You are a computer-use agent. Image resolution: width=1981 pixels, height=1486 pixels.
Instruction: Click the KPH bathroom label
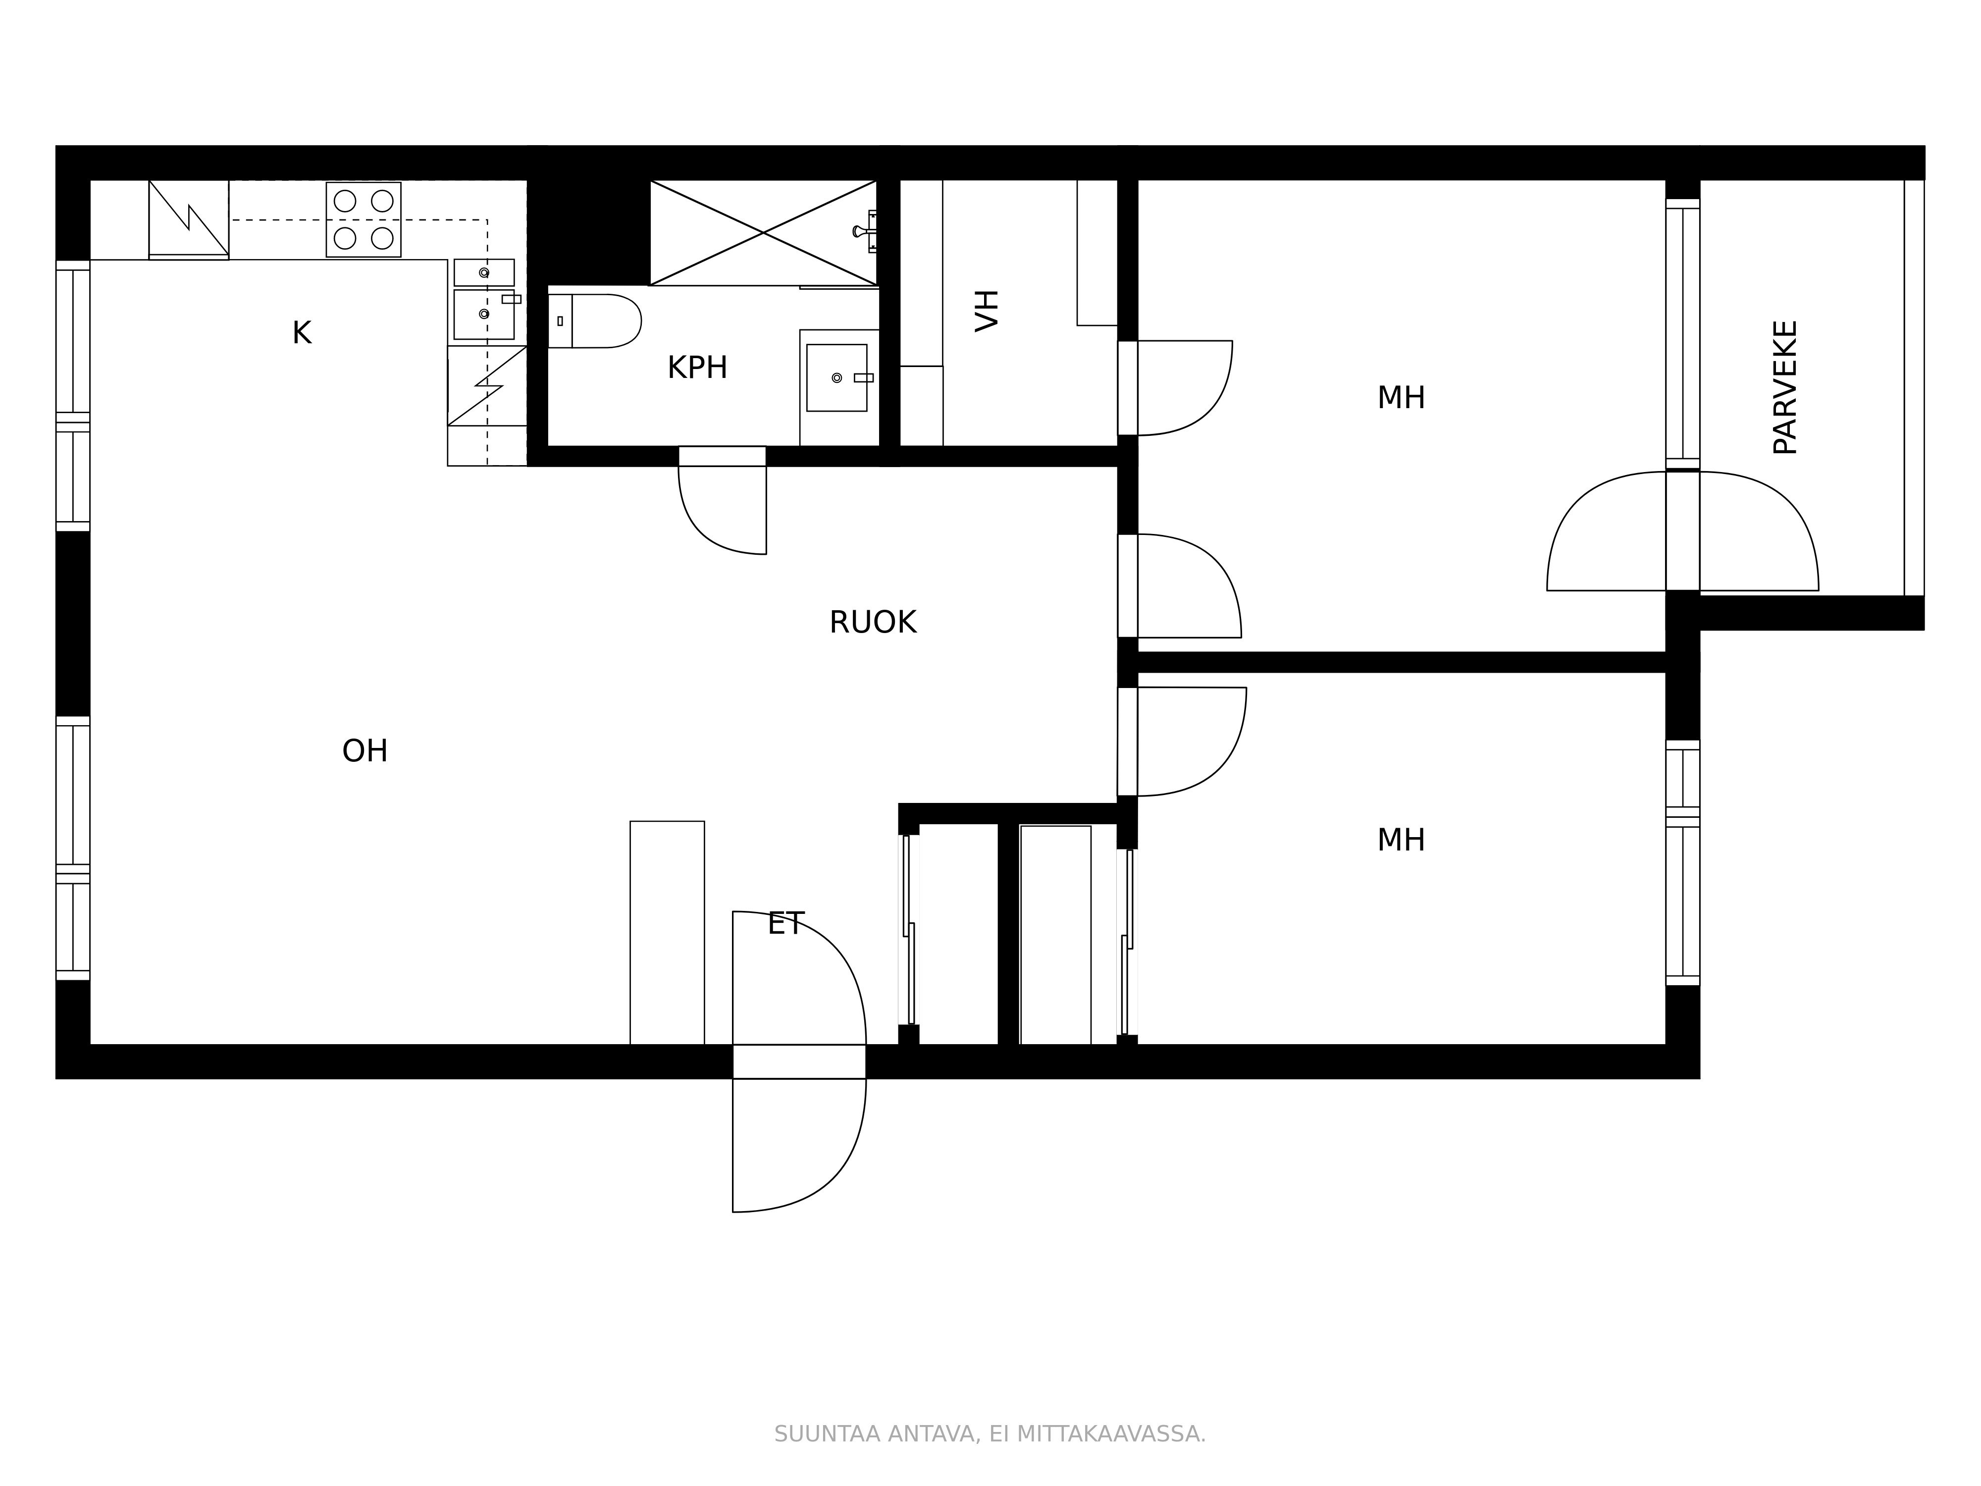(x=697, y=368)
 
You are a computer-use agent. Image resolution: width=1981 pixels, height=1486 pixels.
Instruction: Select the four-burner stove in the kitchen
(x=363, y=219)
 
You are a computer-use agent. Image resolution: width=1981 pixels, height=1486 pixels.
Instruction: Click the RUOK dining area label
(x=872, y=623)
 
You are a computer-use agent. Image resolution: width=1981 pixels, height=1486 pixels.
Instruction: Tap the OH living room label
(x=365, y=750)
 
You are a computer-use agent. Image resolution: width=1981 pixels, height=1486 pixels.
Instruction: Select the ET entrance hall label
(x=785, y=923)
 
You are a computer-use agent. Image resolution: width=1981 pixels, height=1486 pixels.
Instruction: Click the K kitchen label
(x=302, y=333)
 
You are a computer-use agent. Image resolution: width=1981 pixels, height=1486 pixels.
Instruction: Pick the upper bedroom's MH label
(x=1401, y=398)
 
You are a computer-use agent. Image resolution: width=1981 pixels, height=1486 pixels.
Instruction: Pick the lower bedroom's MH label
(x=1401, y=840)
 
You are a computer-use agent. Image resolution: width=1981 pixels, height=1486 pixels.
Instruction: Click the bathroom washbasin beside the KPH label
(x=836, y=378)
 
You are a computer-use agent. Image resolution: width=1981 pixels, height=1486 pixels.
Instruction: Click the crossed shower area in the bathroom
(x=763, y=233)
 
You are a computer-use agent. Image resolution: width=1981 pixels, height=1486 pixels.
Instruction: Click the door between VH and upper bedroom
(x=1176, y=388)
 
